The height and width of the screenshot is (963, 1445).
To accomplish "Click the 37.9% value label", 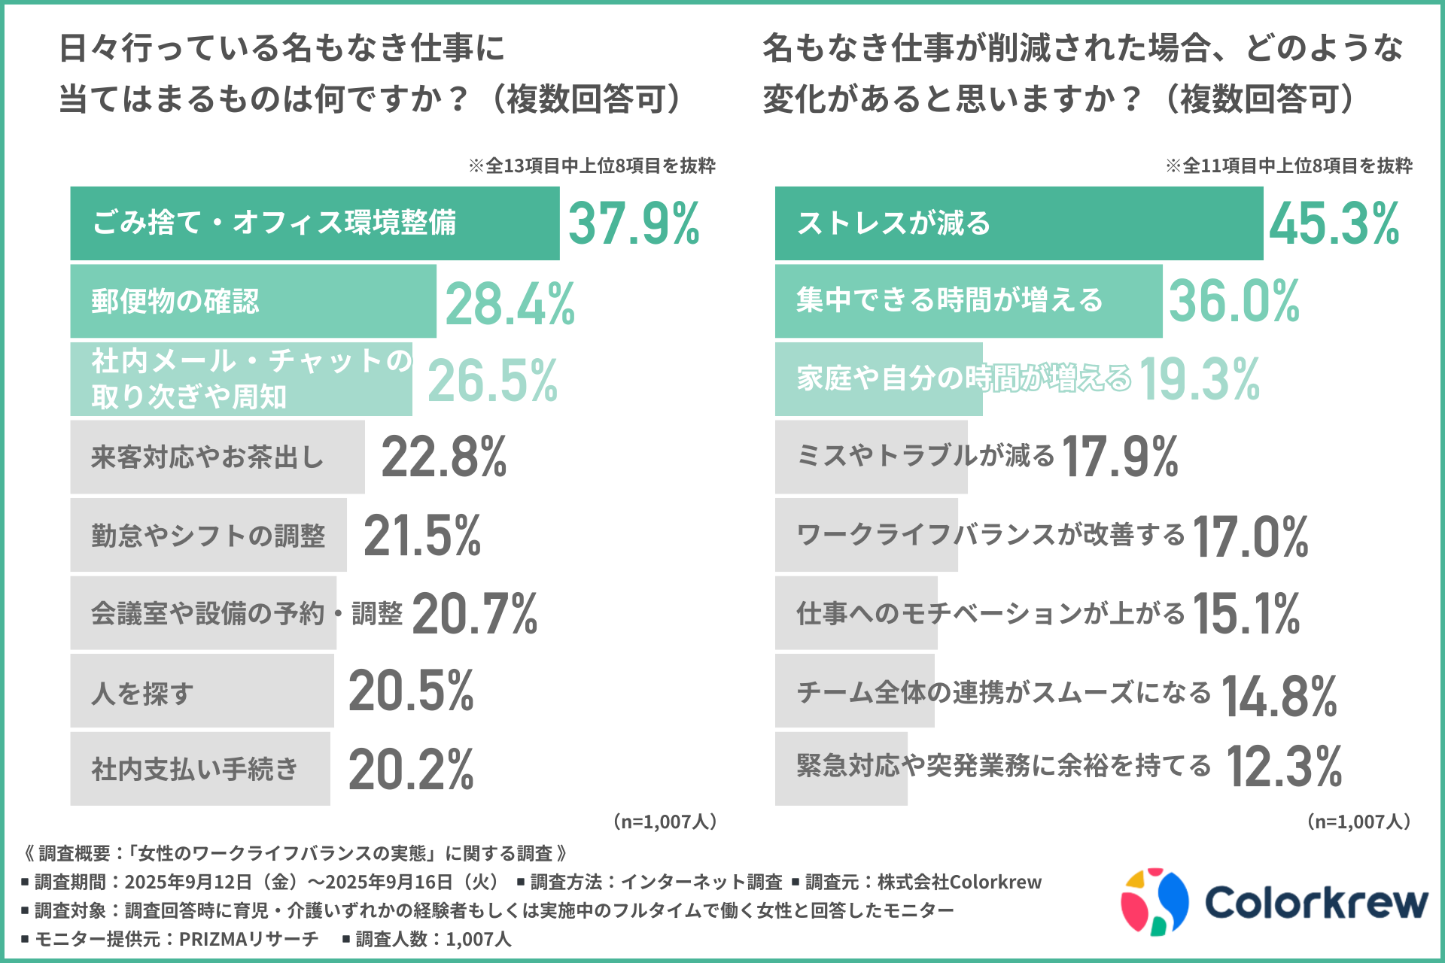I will click(x=634, y=223).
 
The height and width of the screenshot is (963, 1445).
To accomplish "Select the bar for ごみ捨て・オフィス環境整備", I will click(x=315, y=223).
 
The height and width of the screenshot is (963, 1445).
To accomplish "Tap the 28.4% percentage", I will click(x=510, y=303).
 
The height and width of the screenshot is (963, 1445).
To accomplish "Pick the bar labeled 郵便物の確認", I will click(x=253, y=301).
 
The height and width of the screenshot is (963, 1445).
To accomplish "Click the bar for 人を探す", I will click(x=202, y=691).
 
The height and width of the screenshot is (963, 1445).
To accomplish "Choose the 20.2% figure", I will click(x=411, y=770).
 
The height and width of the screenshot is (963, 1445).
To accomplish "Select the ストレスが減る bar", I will click(x=1018, y=223).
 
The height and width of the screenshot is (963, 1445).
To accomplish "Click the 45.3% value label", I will click(x=1334, y=223).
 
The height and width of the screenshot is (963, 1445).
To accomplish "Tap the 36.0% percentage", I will click(x=1234, y=301).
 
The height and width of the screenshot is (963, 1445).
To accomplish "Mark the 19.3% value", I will click(x=1200, y=379).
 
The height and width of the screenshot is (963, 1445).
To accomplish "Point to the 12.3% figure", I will click(x=1284, y=767).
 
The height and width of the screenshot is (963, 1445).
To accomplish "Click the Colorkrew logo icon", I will click(x=1154, y=901).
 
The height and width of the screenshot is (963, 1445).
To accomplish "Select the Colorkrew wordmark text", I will click(x=1316, y=901).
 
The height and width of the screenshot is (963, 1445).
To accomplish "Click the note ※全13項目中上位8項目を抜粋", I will click(x=592, y=166).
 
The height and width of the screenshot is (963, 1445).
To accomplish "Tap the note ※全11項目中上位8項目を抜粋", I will click(x=1288, y=166).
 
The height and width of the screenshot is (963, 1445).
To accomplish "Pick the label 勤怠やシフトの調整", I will click(x=208, y=536).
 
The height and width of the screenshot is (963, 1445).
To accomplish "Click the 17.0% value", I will click(x=1250, y=537).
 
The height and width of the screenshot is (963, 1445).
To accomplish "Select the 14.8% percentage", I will click(x=1279, y=695).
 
